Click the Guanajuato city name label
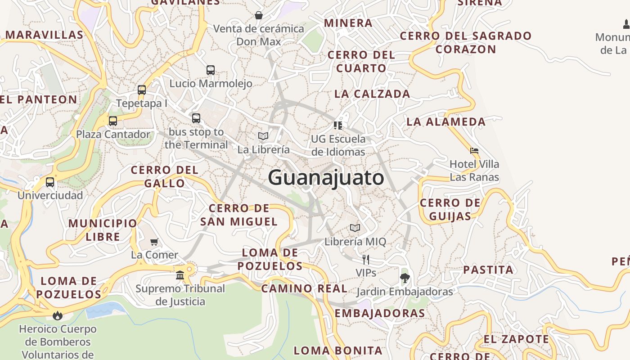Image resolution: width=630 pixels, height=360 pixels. click(x=326, y=177)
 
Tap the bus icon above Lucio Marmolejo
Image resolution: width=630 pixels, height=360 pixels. click(x=211, y=70)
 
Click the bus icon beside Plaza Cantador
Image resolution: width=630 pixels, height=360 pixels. click(x=113, y=121)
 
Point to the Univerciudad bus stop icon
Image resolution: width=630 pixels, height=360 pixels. click(x=50, y=182)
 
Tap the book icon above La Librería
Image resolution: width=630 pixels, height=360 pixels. click(x=263, y=136)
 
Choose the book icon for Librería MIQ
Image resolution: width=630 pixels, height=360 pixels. click(x=355, y=228)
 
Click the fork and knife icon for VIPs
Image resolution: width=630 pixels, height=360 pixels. click(x=366, y=260)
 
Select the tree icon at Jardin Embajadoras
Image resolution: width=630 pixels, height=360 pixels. click(x=405, y=278)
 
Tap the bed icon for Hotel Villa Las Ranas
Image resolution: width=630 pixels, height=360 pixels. click(x=474, y=151)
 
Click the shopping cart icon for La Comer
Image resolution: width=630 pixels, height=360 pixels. click(x=154, y=242)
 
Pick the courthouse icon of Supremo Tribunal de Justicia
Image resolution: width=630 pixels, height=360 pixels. click(x=180, y=274)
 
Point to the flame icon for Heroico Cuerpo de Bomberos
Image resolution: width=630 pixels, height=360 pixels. click(x=58, y=315)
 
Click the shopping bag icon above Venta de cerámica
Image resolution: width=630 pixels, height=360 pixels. click(x=259, y=16)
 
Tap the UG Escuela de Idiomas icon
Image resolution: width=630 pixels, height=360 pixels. click(x=338, y=125)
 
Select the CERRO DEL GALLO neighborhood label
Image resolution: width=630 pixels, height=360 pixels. click(x=165, y=176)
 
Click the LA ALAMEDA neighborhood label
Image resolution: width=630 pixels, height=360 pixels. click(x=446, y=121)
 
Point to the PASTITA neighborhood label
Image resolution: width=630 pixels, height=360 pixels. click(x=488, y=270)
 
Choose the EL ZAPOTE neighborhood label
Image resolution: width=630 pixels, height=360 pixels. click(x=517, y=339)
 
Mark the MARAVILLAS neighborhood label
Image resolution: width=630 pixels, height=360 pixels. click(x=45, y=35)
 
